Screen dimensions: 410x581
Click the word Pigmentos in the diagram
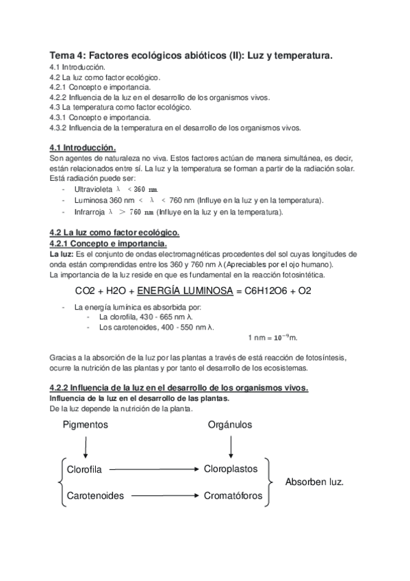coord(85,425)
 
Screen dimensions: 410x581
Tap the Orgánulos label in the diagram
coord(230,425)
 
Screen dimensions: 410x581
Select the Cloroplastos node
coord(230,469)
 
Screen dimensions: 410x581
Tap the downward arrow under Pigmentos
coord(85,447)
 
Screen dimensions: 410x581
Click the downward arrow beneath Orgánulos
coord(231,447)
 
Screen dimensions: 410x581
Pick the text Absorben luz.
coord(315,482)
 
